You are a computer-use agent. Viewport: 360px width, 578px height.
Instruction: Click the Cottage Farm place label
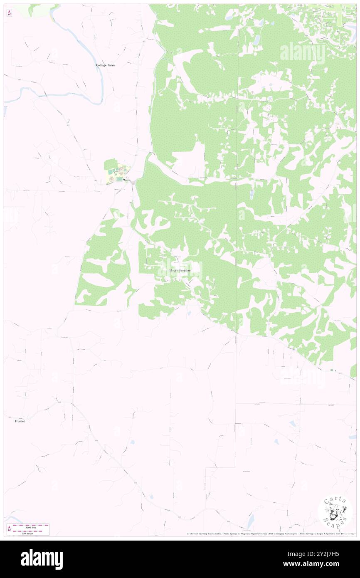(105, 65)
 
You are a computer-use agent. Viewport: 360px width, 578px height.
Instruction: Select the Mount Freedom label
(180, 270)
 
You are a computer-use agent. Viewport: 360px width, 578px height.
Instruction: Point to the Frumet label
(20, 421)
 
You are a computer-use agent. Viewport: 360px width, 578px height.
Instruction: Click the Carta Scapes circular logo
(335, 512)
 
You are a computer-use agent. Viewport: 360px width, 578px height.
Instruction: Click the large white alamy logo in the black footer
(42, 559)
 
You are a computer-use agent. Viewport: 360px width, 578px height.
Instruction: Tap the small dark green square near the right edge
(331, 370)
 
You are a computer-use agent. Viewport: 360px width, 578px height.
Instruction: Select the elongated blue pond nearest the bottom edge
(251, 520)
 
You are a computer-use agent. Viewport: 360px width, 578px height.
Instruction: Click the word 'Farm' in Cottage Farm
(111, 65)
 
